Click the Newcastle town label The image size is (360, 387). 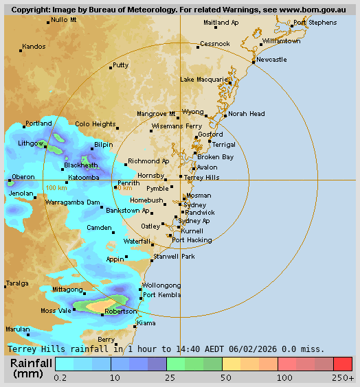click(x=271, y=60)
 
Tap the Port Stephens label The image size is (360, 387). click(x=315, y=23)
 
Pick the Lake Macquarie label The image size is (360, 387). click(x=203, y=80)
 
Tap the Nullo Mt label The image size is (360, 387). click(x=64, y=20)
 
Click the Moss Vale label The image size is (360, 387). click(x=56, y=311)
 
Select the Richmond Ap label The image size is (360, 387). click(x=148, y=161)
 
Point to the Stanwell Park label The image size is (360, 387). click(x=174, y=256)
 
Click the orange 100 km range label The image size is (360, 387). click(x=56, y=187)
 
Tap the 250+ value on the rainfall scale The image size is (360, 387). click(x=344, y=377)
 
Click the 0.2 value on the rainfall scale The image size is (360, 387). click(x=60, y=377)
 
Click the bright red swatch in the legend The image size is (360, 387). click(x=342, y=364)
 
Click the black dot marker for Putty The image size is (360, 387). click(x=111, y=68)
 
